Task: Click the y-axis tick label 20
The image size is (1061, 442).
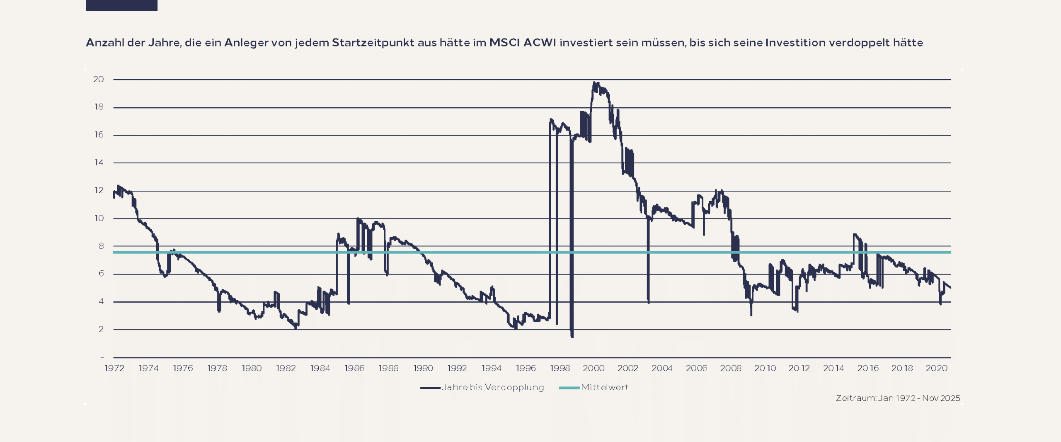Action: (x=98, y=79)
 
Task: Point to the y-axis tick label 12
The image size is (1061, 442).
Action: (x=99, y=190)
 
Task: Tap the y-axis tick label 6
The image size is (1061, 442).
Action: (x=101, y=274)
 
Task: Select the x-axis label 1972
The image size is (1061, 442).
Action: (x=114, y=368)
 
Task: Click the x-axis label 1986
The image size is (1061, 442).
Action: (x=354, y=368)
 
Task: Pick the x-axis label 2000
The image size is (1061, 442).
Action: (x=594, y=368)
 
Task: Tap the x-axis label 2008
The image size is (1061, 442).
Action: (x=731, y=368)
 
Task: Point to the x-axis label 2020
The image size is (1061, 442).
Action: (x=937, y=368)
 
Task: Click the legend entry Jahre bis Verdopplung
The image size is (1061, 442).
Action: (x=493, y=387)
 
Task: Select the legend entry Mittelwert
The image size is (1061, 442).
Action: (x=605, y=387)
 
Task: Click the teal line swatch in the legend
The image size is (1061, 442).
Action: (x=569, y=388)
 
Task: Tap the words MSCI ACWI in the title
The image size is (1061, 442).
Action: (x=523, y=43)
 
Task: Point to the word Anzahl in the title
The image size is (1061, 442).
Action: (x=104, y=43)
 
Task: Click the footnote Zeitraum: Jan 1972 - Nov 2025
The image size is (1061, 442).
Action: (x=898, y=398)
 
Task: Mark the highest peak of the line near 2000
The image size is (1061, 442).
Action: (x=595, y=83)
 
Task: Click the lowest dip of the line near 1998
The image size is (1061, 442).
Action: (x=572, y=336)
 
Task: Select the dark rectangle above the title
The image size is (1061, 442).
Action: (x=121, y=5)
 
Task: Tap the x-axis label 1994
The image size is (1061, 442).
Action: (x=492, y=368)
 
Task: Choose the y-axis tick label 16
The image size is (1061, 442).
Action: (x=99, y=135)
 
